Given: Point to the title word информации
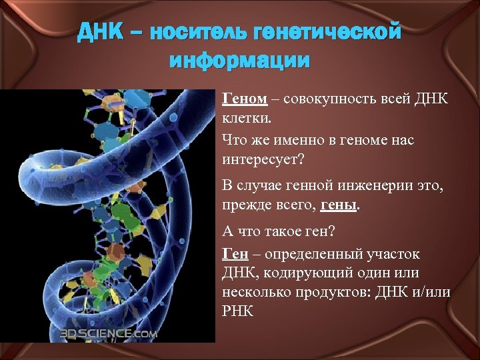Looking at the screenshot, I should pyautogui.click(x=239, y=61).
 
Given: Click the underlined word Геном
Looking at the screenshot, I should pyautogui.click(x=245, y=99).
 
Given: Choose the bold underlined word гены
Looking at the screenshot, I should pyautogui.click(x=340, y=207).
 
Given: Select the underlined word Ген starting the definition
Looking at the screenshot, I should pyautogui.click(x=235, y=254).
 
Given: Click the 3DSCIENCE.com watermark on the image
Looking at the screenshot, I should pyautogui.click(x=109, y=333).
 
